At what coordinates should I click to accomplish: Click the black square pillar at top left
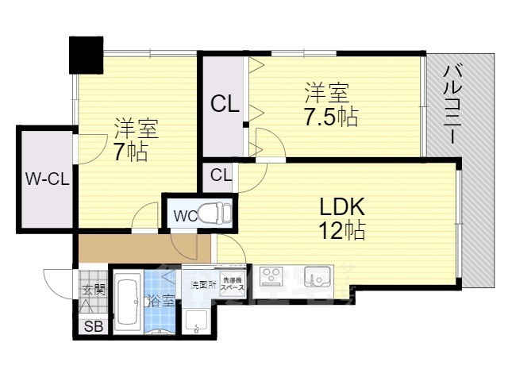pyautogui.click(x=86, y=53)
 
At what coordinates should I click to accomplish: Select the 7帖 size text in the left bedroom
pyautogui.click(x=130, y=152)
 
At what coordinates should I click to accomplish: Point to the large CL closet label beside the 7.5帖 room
pyautogui.click(x=225, y=104)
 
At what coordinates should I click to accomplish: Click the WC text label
pyautogui.click(x=185, y=215)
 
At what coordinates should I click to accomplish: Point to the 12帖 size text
pyautogui.click(x=342, y=231)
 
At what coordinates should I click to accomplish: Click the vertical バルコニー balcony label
pyautogui.click(x=448, y=102)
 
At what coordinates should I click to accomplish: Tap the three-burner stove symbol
pyautogui.click(x=271, y=277)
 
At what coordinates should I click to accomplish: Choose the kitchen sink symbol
pyautogui.click(x=319, y=279)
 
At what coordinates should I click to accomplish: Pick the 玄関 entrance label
pyautogui.click(x=93, y=291)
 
